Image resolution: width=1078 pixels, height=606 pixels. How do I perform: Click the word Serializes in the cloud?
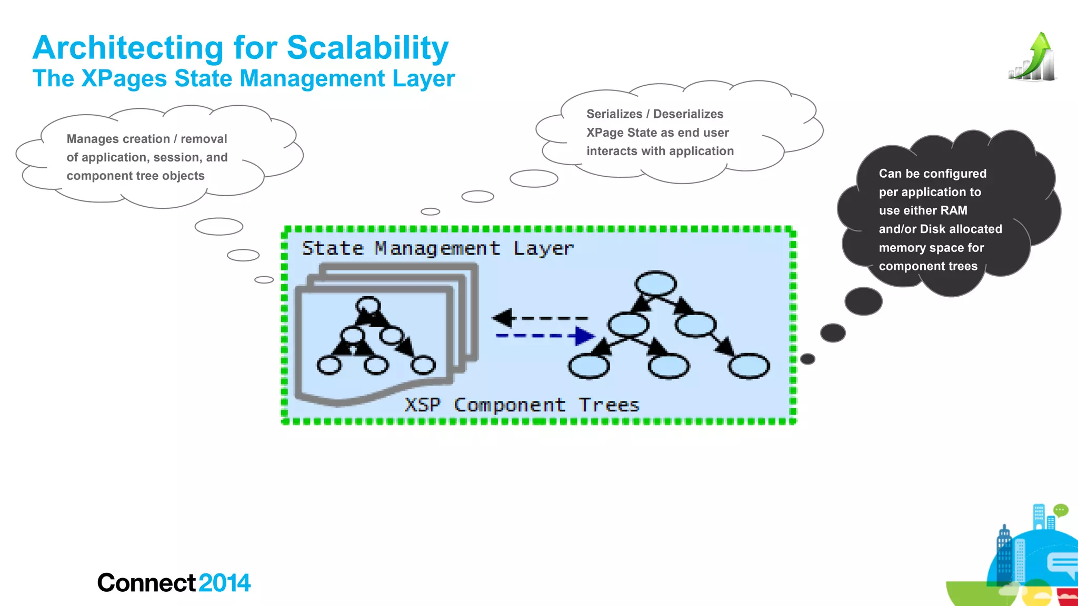pos(614,114)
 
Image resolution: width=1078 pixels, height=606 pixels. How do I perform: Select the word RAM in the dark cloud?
pos(954,210)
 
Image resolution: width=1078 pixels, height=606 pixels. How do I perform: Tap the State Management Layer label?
pos(437,248)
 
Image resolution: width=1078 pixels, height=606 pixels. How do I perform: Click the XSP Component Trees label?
pos(522,405)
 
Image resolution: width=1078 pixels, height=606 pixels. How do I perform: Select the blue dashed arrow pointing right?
pos(545,336)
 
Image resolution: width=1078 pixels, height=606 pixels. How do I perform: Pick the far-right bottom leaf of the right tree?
pos(749,366)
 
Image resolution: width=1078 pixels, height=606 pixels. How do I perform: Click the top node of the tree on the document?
pos(368,306)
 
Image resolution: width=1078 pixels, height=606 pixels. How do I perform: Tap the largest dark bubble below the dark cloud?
pos(863,301)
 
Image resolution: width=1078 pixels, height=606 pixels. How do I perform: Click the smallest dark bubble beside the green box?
pos(807,359)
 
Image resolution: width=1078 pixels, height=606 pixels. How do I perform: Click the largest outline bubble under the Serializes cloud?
pos(534,179)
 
